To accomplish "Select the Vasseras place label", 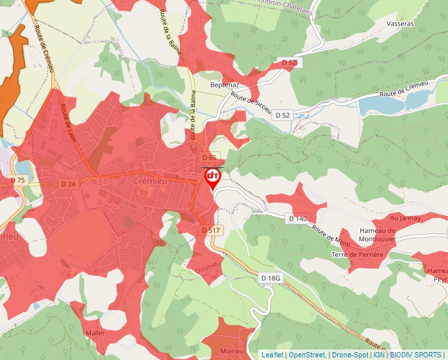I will click(x=401, y=23).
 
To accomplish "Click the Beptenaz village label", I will click(x=224, y=85).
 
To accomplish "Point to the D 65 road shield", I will click(x=210, y=157).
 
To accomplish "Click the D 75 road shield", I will click(x=17, y=180).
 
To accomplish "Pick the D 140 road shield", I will click(x=298, y=218).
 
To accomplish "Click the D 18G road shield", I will click(x=270, y=278).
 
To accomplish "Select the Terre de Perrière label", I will click(x=357, y=254).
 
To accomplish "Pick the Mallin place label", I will click(x=95, y=333).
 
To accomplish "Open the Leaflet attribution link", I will click(x=272, y=355).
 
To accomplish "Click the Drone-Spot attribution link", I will click(x=350, y=355).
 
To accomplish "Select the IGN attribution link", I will click(x=379, y=355).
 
